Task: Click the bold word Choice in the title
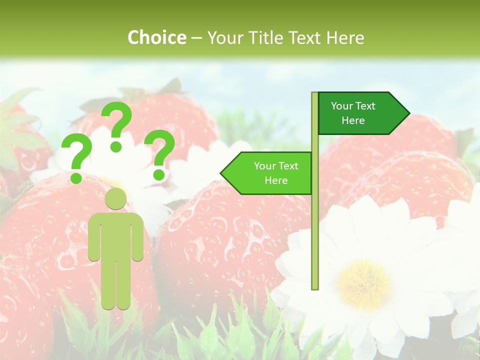point(156,37)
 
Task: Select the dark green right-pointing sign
point(360,113)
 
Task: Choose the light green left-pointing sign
point(270,173)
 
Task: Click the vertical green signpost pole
point(315,225)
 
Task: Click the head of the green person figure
point(116,198)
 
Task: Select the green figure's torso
point(116,235)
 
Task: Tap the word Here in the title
point(345,37)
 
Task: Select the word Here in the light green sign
point(276,180)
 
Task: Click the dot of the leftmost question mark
point(76,177)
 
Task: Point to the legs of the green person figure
point(116,285)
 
